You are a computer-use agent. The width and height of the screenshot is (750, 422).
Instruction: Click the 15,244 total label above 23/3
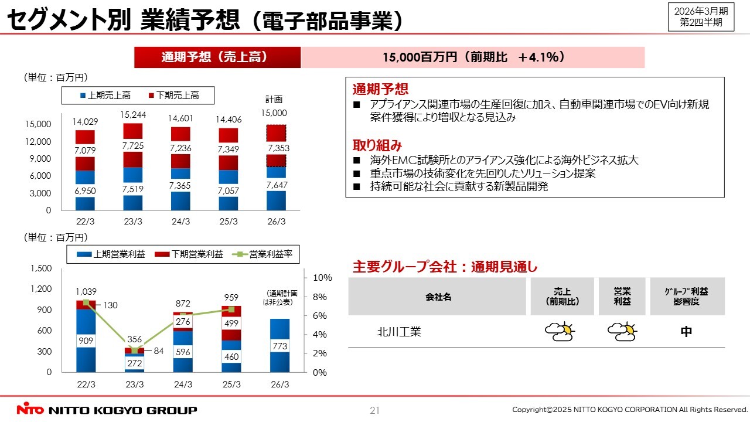(x=133, y=115)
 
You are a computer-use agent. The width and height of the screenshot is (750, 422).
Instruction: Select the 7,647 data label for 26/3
(x=277, y=186)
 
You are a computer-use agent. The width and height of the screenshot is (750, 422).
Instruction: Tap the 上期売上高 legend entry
(x=105, y=95)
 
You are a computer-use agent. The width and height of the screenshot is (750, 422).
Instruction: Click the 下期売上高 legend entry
(x=173, y=95)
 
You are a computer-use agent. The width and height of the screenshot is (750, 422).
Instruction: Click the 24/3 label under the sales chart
(x=181, y=222)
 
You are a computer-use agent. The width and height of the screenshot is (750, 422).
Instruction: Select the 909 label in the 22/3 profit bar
(x=86, y=341)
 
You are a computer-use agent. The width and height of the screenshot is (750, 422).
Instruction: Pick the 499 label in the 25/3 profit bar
(x=231, y=323)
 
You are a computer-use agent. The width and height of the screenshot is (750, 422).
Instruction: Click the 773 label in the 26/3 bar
(x=279, y=347)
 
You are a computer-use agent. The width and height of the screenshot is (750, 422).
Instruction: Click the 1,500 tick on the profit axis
(x=40, y=268)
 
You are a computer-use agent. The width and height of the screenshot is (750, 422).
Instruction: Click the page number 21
(x=375, y=410)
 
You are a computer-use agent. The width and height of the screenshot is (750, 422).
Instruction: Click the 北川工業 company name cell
(x=398, y=332)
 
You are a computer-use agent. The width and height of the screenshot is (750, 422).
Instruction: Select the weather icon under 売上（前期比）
(x=560, y=332)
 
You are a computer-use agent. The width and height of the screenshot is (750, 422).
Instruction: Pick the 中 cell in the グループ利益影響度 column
(x=686, y=332)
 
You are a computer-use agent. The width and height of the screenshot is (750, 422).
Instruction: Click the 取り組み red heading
(x=377, y=145)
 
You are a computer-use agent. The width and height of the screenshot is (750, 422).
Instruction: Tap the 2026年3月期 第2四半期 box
(x=701, y=16)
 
